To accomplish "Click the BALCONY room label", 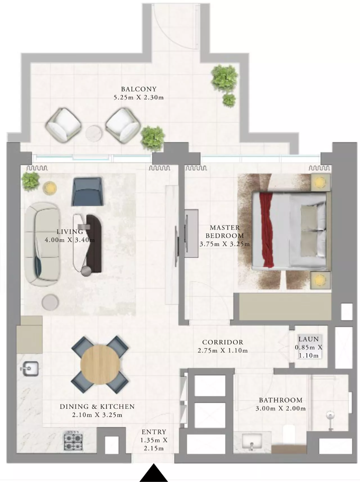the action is [x=139, y=89].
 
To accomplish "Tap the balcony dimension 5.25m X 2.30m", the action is [x=139, y=98].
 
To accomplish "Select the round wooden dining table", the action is [x=100, y=365].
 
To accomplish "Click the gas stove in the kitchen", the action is [x=73, y=440].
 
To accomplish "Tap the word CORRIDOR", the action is [x=223, y=342].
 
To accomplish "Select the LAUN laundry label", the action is [x=308, y=339].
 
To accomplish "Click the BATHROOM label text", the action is [x=281, y=400].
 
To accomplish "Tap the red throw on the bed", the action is [x=266, y=230].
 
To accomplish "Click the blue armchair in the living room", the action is [x=87, y=192].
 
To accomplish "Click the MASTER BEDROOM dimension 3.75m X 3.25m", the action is [x=225, y=244].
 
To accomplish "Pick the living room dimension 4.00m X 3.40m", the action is [x=70, y=240].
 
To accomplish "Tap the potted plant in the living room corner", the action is [x=31, y=181].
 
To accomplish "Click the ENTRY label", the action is [x=154, y=432].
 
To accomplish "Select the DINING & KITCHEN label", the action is [x=97, y=407].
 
